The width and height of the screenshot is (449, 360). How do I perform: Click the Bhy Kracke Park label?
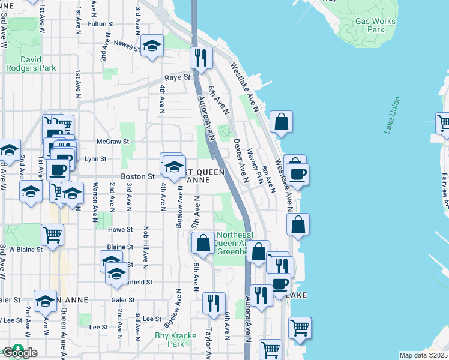pos(169,340)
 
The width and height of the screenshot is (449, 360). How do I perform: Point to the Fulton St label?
pos(101,24)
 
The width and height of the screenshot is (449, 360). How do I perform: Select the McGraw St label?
pos(113,142)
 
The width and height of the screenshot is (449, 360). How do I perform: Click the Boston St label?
pos(138,176)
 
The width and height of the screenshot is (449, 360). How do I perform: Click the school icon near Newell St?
pos(152,46)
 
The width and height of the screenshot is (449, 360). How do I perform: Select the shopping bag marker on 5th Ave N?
pos(203,243)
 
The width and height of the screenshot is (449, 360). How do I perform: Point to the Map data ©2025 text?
pos(423,355)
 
